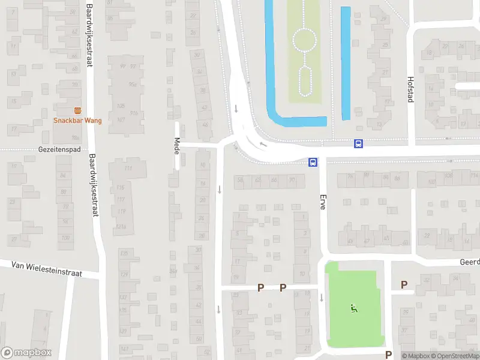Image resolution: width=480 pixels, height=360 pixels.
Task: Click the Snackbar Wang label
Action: point(77,120)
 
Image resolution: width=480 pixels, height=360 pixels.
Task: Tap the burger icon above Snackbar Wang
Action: point(77,110)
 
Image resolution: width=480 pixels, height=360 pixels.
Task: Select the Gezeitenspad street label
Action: point(59,149)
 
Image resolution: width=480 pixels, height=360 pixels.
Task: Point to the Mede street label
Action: point(177,146)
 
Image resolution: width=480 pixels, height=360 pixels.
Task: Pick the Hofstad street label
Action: point(411,89)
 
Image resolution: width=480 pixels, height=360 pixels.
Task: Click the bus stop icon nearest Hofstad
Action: point(358,143)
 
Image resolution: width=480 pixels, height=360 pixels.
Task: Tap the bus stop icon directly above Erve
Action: point(313,162)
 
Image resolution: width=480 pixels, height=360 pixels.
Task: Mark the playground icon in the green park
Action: point(353,309)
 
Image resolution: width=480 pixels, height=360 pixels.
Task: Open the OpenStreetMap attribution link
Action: point(457,356)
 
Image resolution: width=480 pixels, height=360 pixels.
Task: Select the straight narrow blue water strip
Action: point(346,63)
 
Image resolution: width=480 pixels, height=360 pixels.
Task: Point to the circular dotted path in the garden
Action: point(304,41)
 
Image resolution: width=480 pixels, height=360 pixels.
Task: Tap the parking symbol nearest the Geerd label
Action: point(404,285)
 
